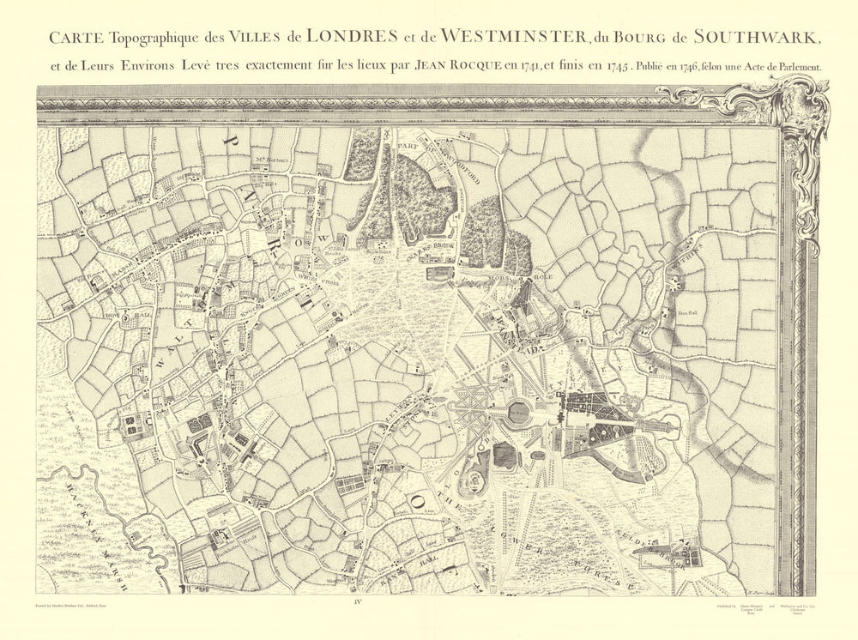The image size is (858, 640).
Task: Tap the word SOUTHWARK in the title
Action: pos(758,37)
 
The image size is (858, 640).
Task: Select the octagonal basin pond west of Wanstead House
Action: pos(518,414)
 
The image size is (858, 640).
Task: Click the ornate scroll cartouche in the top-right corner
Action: pos(798,112)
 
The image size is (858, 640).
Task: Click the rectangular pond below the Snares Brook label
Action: pos(438,274)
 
